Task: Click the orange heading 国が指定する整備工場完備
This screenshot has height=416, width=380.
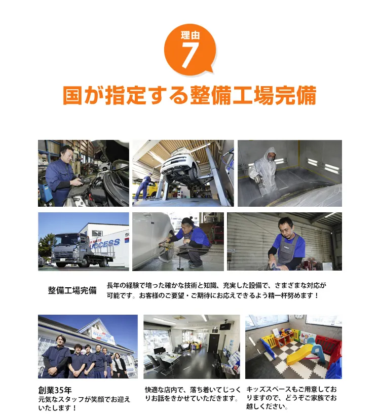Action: click(189, 96)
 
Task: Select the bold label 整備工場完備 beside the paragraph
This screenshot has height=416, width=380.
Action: click(72, 290)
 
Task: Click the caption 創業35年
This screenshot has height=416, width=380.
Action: click(55, 390)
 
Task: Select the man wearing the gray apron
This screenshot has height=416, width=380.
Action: click(287, 241)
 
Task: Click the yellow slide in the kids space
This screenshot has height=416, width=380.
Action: click(300, 353)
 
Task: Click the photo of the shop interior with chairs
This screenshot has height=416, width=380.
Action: click(192, 347)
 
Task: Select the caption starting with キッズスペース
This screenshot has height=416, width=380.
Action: click(291, 398)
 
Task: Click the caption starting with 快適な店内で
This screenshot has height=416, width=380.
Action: click(192, 394)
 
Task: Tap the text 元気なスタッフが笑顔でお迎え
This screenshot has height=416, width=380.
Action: click(84, 399)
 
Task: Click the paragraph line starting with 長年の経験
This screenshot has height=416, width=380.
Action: click(216, 285)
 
